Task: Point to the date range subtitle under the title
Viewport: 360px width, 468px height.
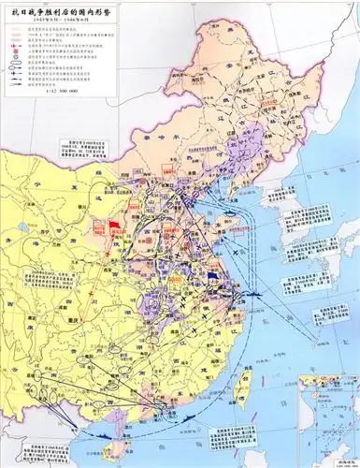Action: pyautogui.click(x=50, y=18)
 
